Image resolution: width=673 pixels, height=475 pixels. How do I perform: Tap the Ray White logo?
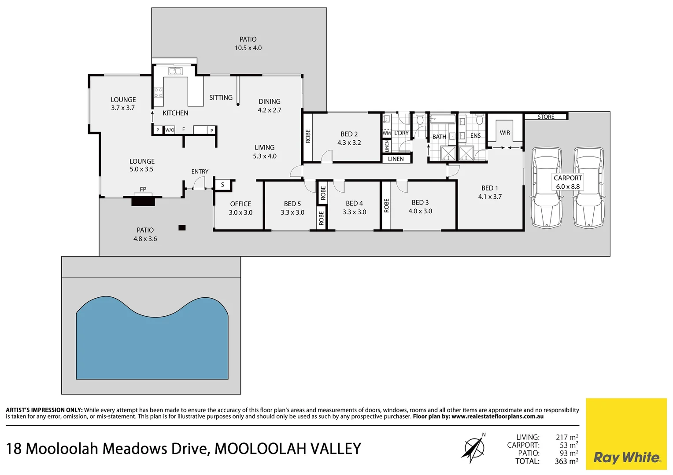[x=627, y=457]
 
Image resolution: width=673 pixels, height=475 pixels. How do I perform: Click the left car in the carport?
[x=547, y=188]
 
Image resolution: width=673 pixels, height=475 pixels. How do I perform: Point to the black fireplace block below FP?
[x=143, y=201]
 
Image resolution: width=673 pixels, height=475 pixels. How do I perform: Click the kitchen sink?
[x=175, y=71]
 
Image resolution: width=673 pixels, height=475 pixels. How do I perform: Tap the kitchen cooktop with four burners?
[x=158, y=92]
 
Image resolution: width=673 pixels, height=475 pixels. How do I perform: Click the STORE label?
[x=546, y=117]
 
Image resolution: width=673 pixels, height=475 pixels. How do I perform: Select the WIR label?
[x=505, y=132]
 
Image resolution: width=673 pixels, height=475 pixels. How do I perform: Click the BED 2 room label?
[x=349, y=134]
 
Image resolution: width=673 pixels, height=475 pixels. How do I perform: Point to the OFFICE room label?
[x=240, y=204]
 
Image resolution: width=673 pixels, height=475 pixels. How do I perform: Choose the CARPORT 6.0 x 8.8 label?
[x=568, y=182]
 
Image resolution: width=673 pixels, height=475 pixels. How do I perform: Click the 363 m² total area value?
[x=566, y=461]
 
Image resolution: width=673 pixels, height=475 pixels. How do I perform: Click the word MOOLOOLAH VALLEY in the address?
[x=288, y=449]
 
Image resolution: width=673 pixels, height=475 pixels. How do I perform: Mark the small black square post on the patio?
[x=182, y=227]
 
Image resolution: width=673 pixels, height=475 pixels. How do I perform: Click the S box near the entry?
[x=222, y=185]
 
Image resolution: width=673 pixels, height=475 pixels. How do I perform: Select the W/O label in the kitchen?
[x=170, y=130]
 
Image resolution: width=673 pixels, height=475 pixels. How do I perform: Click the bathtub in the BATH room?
[x=443, y=118]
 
